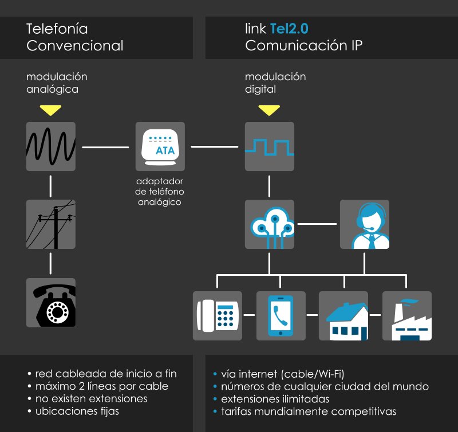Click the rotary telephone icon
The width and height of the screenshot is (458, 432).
click(x=51, y=303)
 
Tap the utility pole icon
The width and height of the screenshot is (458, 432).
click(x=51, y=224)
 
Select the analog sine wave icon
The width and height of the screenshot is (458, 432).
click(x=51, y=146)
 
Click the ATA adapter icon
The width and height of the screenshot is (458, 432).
click(x=160, y=146)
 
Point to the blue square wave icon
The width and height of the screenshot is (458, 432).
click(x=270, y=146)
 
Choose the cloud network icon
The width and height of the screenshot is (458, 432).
click(x=270, y=224)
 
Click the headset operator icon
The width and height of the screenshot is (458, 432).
click(x=365, y=224)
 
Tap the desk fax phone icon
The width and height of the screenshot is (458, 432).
click(x=218, y=316)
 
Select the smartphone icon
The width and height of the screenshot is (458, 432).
click(x=281, y=316)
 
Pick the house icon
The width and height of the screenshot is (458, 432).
click(x=343, y=316)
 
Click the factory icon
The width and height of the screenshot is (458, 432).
click(x=406, y=316)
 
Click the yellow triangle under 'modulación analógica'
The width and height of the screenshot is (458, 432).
click(x=51, y=109)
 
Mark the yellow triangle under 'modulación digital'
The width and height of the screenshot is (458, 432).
click(x=269, y=109)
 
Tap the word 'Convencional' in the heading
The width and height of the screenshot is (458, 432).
click(x=75, y=46)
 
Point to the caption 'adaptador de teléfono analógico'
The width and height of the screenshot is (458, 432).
click(x=160, y=192)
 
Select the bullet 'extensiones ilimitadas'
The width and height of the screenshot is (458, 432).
click(x=275, y=399)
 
